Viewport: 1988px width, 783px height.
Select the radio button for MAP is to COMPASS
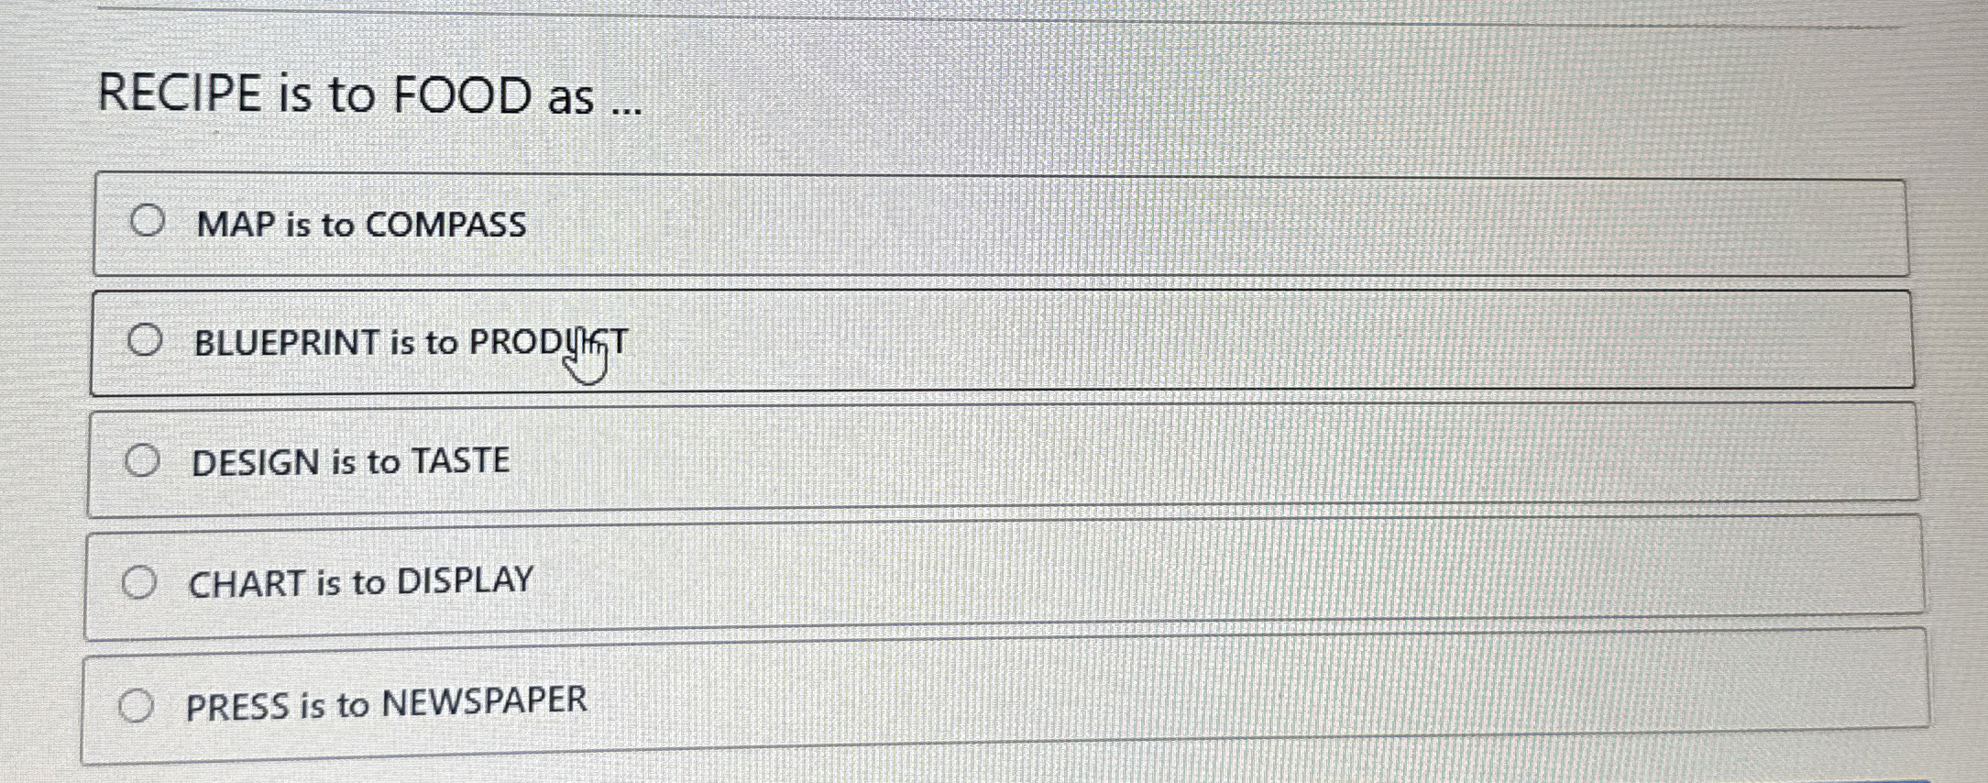(x=148, y=221)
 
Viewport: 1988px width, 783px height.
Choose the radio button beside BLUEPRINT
(x=145, y=340)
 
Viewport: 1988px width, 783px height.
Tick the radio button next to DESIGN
(x=142, y=460)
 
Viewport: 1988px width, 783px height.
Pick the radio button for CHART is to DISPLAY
(x=139, y=582)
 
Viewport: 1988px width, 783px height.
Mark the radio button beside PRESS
(x=136, y=706)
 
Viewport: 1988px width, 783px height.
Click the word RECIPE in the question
(x=180, y=94)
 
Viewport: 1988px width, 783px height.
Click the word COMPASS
(x=446, y=225)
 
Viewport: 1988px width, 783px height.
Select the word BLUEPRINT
(x=288, y=343)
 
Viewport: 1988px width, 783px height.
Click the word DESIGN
(x=256, y=463)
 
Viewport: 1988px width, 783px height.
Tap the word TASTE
(x=460, y=460)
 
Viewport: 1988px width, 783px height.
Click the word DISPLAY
(x=465, y=580)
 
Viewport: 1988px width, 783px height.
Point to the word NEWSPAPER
(x=484, y=701)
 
